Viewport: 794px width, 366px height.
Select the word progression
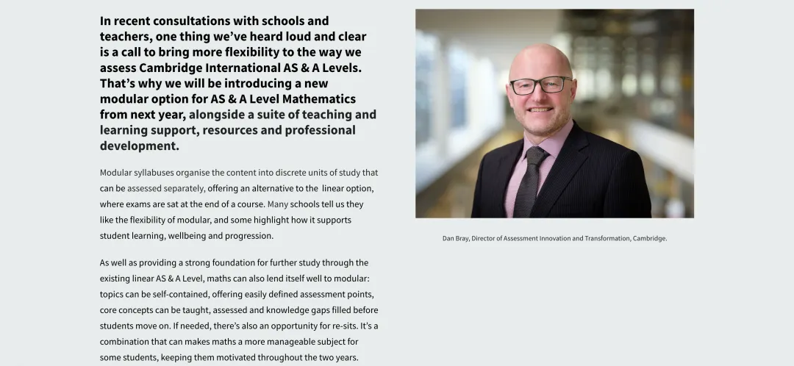coord(249,236)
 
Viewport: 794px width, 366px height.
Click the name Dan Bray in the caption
coord(455,238)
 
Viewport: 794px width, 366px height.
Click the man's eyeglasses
coord(540,85)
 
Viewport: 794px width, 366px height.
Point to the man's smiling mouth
coord(540,110)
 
